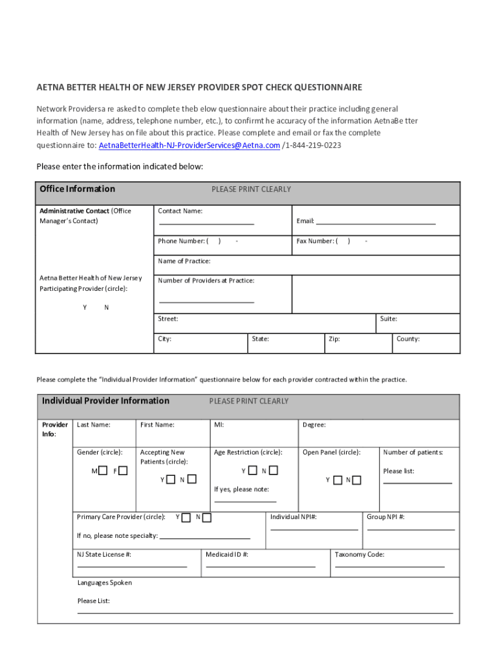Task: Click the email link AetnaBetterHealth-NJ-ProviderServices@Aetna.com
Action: pyautogui.click(x=189, y=145)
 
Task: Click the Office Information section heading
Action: pyautogui.click(x=77, y=189)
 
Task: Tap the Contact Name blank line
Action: pyautogui.click(x=206, y=223)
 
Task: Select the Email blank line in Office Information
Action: pyautogui.click(x=375, y=223)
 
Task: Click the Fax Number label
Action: pyautogui.click(x=316, y=241)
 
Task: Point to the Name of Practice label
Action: pyautogui.click(x=184, y=261)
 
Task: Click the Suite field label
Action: pyautogui.click(x=389, y=319)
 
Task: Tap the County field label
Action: pyautogui.click(x=407, y=339)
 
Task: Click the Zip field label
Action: pyautogui.click(x=334, y=339)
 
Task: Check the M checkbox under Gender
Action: pyautogui.click(x=103, y=471)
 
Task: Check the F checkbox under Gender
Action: pyautogui.click(x=123, y=471)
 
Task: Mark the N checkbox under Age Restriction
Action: pyautogui.click(x=274, y=471)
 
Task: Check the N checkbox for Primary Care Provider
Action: pyautogui.click(x=207, y=517)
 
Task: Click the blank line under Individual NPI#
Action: pyautogui.click(x=314, y=529)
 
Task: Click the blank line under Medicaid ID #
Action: pyautogui.click(x=260, y=566)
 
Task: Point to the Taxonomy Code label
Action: pyautogui.click(x=360, y=555)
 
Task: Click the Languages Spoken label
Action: pyautogui.click(x=104, y=582)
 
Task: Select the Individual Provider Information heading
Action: pyautogui.click(x=105, y=401)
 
